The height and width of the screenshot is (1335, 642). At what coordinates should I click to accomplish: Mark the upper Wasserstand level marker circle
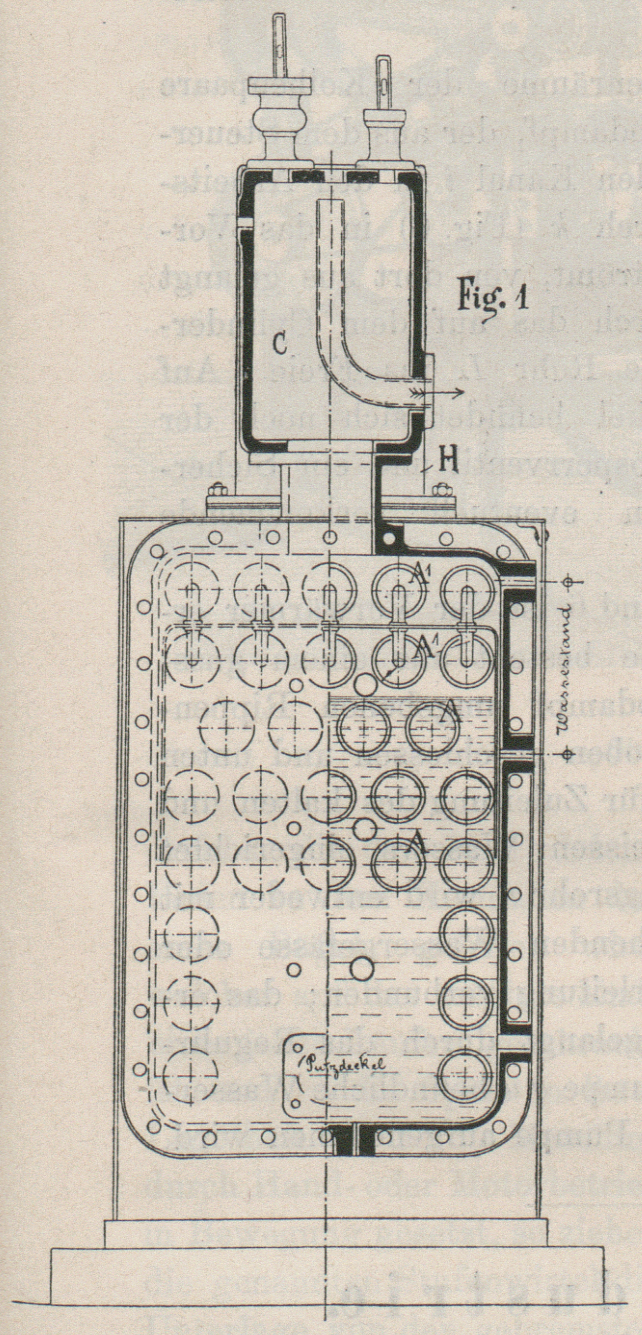(568, 581)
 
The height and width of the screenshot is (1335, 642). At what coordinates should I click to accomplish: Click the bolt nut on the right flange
(442, 489)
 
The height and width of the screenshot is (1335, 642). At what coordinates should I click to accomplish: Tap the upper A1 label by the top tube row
(419, 574)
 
